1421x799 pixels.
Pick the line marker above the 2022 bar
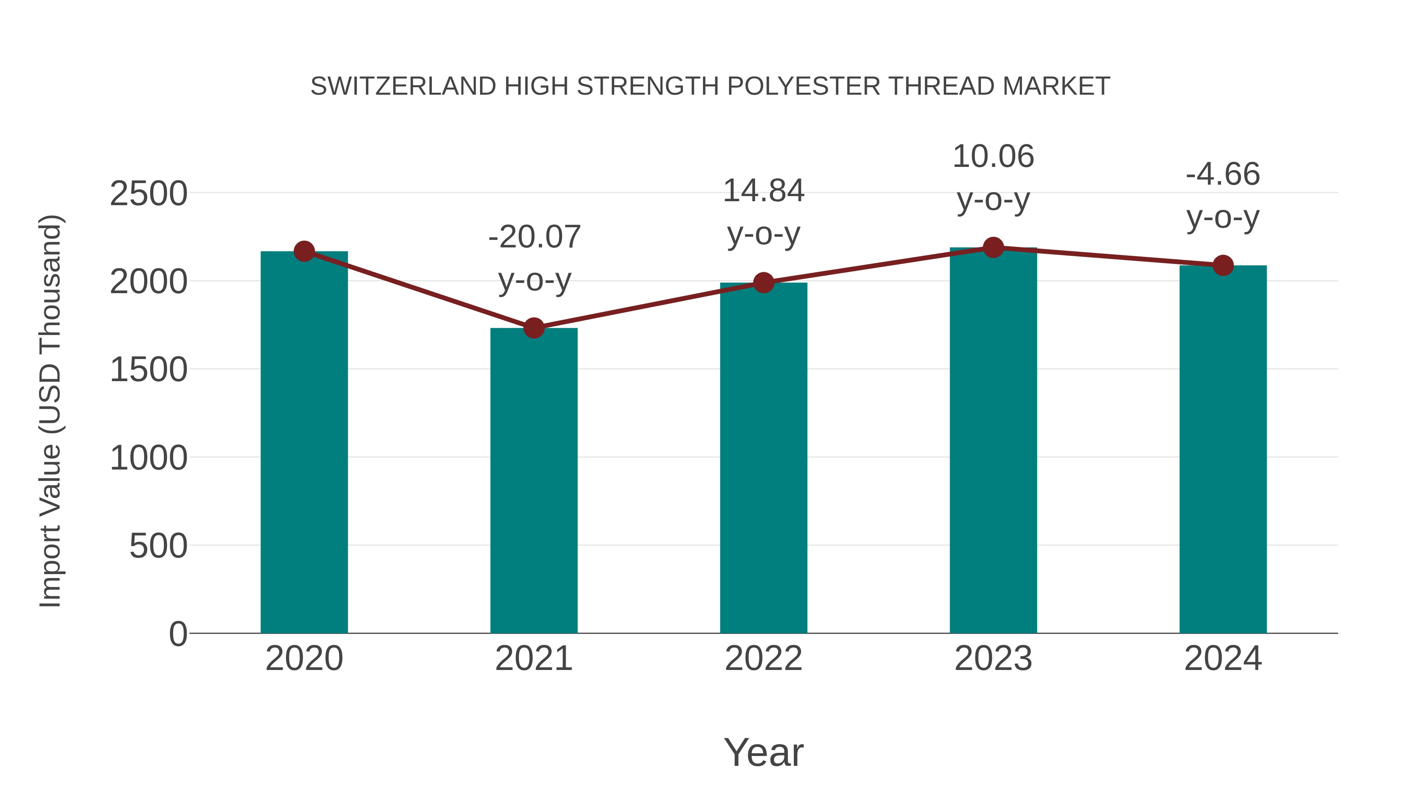click(x=763, y=283)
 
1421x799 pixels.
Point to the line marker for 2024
click(x=1223, y=265)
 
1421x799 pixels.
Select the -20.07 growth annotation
click(x=534, y=237)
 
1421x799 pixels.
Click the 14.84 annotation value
click(x=763, y=191)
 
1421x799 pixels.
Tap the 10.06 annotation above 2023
click(x=993, y=157)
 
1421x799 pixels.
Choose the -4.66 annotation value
click(x=1223, y=174)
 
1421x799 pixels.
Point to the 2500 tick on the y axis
click(x=148, y=194)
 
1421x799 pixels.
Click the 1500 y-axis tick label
click(x=148, y=370)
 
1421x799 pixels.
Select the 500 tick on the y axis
click(x=158, y=546)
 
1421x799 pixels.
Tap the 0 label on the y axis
click(x=178, y=634)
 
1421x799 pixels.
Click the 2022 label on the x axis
click(x=763, y=659)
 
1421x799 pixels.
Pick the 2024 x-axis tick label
click(x=1223, y=659)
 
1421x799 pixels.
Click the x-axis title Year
click(x=763, y=752)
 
